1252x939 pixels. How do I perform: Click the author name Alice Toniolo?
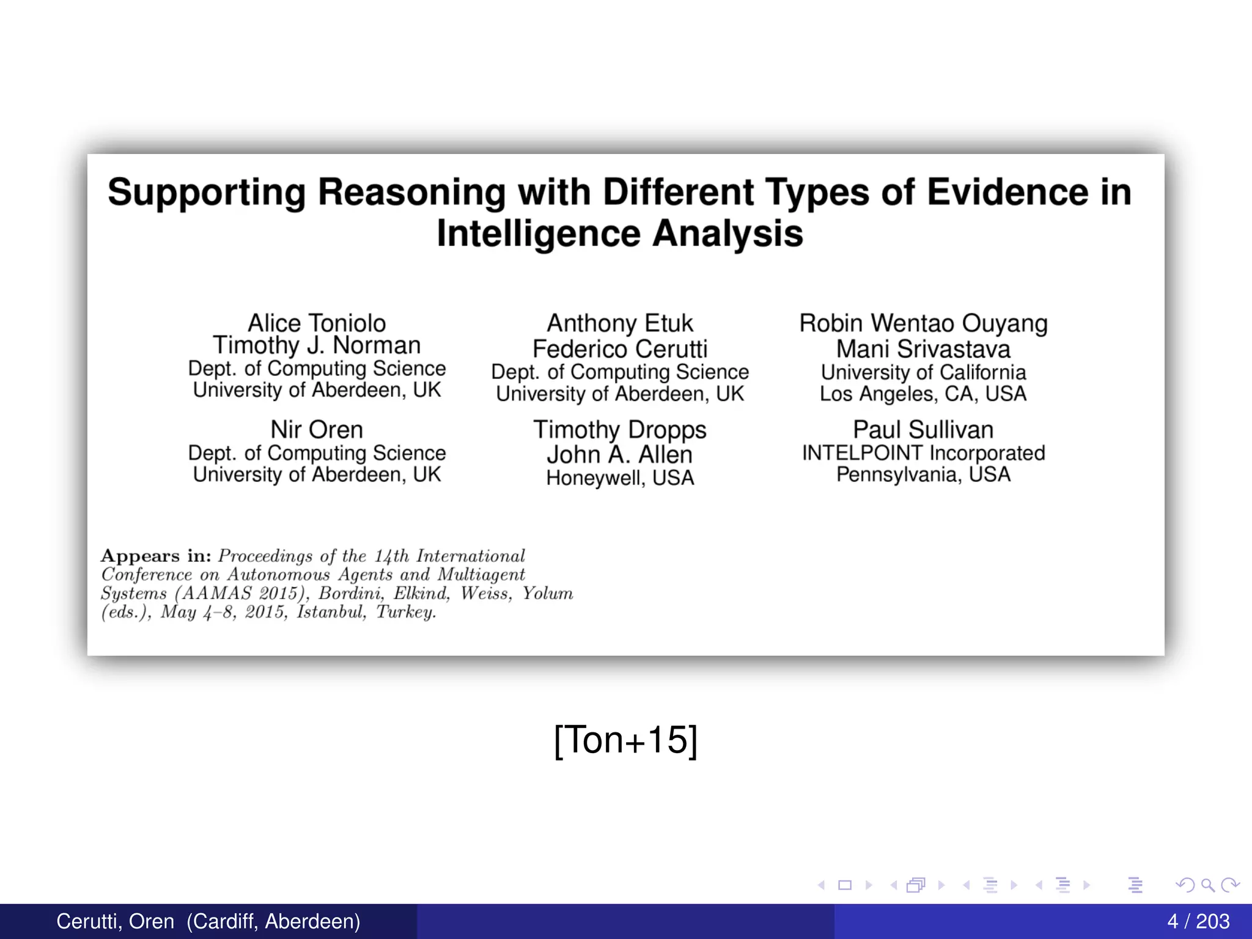[x=317, y=323]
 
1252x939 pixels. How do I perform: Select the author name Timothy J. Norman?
[x=317, y=345]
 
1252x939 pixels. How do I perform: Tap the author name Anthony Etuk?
[x=620, y=323]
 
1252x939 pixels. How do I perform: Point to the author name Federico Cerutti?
[x=620, y=349]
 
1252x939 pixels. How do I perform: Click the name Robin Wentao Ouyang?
[x=923, y=323]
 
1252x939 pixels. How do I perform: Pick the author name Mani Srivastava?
[x=923, y=349]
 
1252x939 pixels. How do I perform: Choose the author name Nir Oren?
[x=317, y=429]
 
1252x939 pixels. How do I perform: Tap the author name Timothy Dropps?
[x=620, y=429]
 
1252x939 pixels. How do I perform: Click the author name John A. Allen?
[x=620, y=455]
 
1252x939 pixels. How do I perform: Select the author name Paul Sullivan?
[x=923, y=429]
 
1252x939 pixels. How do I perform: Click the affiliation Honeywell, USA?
[x=620, y=478]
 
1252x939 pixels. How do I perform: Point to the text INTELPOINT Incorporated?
[x=923, y=453]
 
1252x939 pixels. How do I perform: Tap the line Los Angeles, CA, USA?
[x=923, y=394]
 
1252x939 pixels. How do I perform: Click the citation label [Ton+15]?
[x=625, y=740]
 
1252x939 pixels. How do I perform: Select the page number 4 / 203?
[x=1198, y=921]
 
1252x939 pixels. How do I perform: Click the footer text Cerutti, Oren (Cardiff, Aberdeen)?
[x=208, y=921]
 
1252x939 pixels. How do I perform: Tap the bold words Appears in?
[x=156, y=556]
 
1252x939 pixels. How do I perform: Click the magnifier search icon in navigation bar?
[x=1207, y=885]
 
